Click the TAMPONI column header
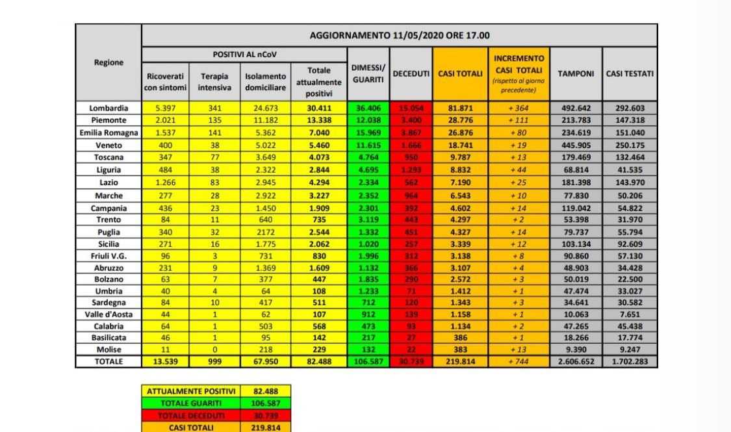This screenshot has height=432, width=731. click(576, 74)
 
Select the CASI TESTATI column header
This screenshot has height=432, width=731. click(630, 74)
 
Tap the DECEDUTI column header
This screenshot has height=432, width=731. click(411, 74)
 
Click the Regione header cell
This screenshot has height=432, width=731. click(108, 62)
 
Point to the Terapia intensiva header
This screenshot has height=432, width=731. click(214, 82)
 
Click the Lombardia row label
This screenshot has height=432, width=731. click(108, 108)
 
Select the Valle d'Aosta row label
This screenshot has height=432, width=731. click(108, 314)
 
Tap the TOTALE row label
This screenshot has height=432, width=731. click(108, 362)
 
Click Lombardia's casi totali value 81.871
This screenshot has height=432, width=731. click(460, 108)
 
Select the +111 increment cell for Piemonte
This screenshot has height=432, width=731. click(519, 121)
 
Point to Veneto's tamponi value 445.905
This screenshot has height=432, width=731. click(576, 146)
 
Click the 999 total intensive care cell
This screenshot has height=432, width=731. click(214, 362)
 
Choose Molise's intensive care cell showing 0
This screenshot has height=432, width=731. click(214, 349)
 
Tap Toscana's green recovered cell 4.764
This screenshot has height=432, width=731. click(368, 157)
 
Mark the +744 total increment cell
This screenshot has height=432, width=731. click(519, 362)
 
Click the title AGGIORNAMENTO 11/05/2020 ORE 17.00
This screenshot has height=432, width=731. click(399, 36)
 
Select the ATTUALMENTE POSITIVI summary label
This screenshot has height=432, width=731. click(190, 392)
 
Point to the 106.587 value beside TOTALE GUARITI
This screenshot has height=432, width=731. click(265, 403)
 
